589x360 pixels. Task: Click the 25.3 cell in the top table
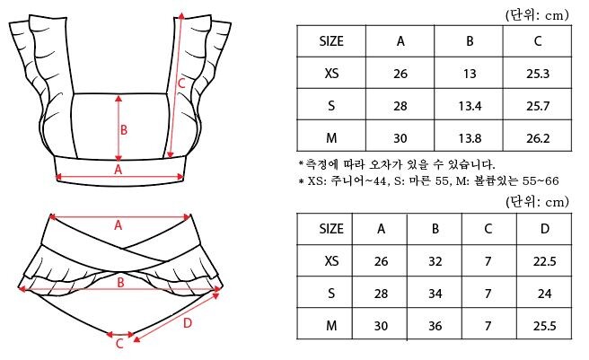[x=538, y=74]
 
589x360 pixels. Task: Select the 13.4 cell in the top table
[x=470, y=106]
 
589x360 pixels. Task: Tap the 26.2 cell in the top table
[x=538, y=138]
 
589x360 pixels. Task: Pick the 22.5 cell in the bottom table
[x=544, y=261]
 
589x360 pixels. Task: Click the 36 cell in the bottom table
[x=435, y=326]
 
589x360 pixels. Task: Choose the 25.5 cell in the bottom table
[x=544, y=326]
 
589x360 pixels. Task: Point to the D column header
[x=545, y=228]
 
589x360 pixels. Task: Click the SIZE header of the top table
[x=331, y=41]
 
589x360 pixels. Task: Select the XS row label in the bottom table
[x=331, y=260]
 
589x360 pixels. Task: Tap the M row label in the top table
[x=331, y=138]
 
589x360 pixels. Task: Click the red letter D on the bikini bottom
[x=188, y=323]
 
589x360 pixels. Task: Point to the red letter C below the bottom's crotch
[x=119, y=344]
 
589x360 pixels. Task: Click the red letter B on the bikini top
[x=124, y=130]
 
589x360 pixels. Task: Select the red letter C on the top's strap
[x=181, y=83]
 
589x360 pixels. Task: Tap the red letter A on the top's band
[x=118, y=170]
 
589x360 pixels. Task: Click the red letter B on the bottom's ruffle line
[x=120, y=283]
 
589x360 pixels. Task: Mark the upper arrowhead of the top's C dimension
[x=181, y=15]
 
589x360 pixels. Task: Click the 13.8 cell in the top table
[x=470, y=138]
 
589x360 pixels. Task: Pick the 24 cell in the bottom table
[x=544, y=294]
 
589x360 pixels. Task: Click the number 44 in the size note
[x=379, y=181]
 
